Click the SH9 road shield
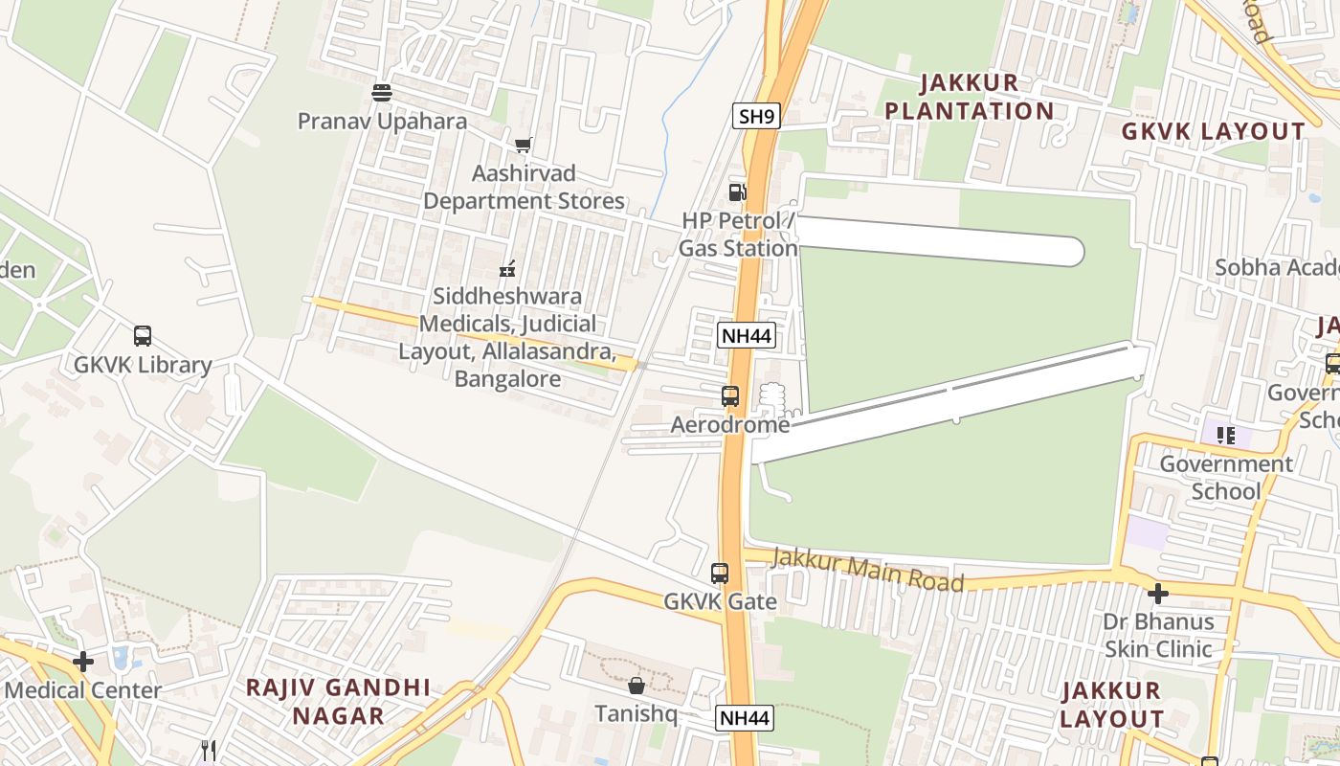pos(756,117)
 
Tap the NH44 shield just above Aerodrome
pos(745,335)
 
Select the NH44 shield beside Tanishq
pos(744,718)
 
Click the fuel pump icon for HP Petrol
pos(737,191)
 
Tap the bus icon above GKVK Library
pos(143,336)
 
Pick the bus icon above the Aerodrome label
pos(730,395)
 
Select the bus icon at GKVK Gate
pos(720,574)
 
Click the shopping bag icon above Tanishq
pos(636,686)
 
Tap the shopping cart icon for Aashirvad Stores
pos(523,146)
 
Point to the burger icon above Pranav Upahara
pos(382,93)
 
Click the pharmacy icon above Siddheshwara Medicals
pos(507,268)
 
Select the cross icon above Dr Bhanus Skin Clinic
pos(1158,594)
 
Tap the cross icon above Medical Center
pos(83,661)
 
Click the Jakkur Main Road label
pos(867,570)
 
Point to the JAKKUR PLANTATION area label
pos(969,97)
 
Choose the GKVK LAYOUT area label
pos(1213,131)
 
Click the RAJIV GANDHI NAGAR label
pos(339,701)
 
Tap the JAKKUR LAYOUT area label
pos(1112,704)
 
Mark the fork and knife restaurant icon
pos(208,751)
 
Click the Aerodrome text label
pos(730,424)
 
